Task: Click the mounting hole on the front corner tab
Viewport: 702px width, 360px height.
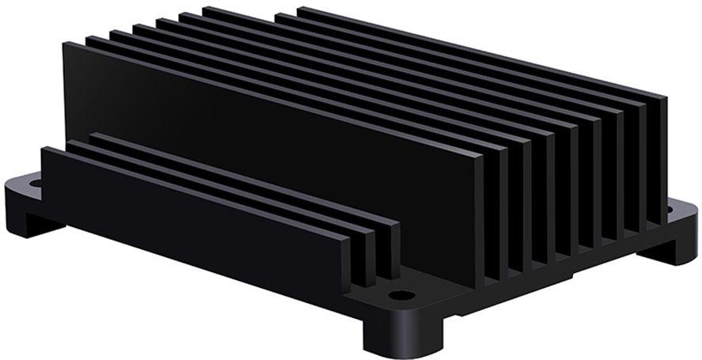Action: point(402,296)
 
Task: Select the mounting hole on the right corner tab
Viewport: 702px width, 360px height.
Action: point(670,210)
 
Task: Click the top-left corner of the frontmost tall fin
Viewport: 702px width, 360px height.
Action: point(65,44)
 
